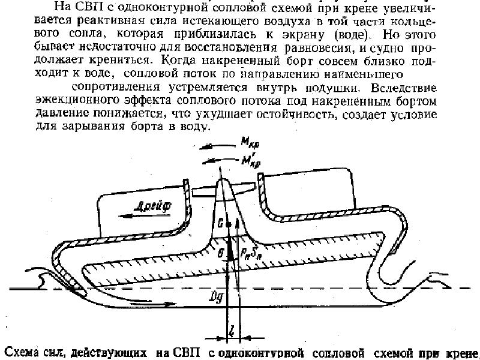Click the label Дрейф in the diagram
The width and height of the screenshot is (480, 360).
coord(154,204)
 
